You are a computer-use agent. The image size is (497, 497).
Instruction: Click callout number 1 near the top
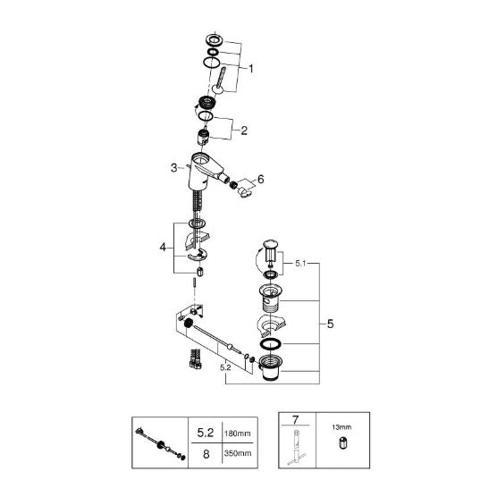[250, 69]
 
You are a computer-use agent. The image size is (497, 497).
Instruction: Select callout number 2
[244, 131]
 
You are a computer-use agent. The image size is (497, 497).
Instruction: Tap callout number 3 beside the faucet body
[173, 168]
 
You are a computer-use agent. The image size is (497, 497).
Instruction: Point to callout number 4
[163, 247]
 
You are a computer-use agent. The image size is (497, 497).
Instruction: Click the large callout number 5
[330, 324]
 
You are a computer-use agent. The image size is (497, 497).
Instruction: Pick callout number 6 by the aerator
[260, 180]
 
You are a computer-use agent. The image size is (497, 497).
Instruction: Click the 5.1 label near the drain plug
[300, 263]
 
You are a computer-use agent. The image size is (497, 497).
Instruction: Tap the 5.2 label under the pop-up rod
[225, 367]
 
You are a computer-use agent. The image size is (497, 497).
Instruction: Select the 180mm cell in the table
[238, 434]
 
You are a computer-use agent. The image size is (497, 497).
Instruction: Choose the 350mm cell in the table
[238, 453]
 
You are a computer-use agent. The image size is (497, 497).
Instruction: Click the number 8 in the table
[206, 454]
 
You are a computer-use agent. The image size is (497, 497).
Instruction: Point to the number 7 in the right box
[295, 420]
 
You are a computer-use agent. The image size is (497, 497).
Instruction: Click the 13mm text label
[341, 427]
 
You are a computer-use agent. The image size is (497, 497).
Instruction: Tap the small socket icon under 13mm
[342, 442]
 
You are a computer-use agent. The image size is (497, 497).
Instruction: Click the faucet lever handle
[219, 80]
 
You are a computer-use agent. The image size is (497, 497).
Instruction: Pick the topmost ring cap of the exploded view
[215, 39]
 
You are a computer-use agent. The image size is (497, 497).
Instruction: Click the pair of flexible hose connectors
[196, 358]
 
